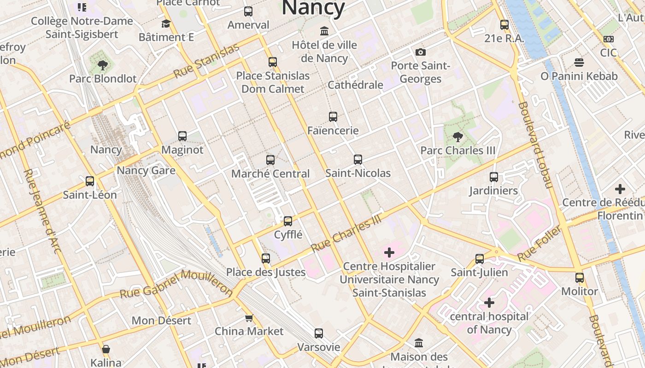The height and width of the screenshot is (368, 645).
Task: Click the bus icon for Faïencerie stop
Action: [x=333, y=117]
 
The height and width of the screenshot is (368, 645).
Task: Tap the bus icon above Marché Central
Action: [x=270, y=160]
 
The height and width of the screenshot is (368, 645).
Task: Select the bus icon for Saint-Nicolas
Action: [x=358, y=160]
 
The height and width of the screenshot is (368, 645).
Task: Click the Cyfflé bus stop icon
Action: [x=288, y=221]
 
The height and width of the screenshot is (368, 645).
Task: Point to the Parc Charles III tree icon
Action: [x=457, y=137]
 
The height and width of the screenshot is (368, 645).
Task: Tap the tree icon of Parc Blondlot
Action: [x=103, y=65]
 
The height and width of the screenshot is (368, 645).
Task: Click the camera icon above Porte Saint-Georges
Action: [x=420, y=52]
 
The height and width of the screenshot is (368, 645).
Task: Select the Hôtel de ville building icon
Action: [x=324, y=31]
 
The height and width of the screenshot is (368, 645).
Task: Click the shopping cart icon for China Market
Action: [x=249, y=318]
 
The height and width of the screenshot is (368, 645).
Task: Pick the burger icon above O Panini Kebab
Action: [x=579, y=62]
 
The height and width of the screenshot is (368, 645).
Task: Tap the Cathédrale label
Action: [x=355, y=85]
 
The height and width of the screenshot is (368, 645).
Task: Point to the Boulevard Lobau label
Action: [x=534, y=145]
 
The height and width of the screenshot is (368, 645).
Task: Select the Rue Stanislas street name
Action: [x=206, y=61]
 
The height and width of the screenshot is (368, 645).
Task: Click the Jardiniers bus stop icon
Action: [x=494, y=177]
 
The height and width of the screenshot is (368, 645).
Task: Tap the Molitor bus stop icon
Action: [x=580, y=278]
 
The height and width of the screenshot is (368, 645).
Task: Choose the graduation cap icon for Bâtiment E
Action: [x=166, y=23]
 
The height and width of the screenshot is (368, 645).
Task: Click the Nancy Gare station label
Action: [x=146, y=171]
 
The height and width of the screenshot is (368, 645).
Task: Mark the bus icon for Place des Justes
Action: [x=266, y=259]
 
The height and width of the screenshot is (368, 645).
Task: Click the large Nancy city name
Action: [x=313, y=8]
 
